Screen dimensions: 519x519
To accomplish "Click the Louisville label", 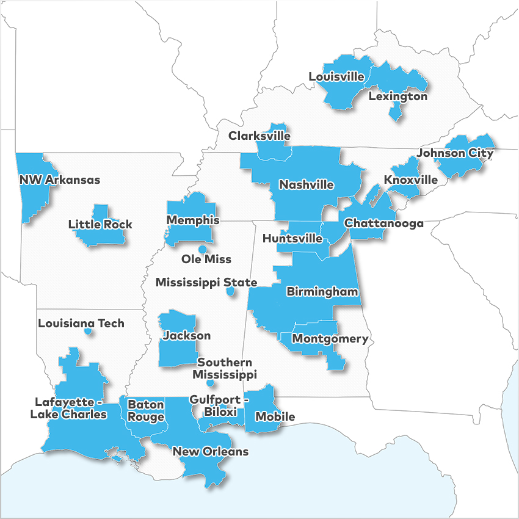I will tap(336, 77).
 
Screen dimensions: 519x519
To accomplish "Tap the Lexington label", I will tap(398, 96).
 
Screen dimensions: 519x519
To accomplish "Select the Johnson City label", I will tap(454, 153).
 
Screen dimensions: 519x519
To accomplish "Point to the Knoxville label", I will tap(410, 180).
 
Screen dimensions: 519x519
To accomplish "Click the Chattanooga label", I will tap(384, 223).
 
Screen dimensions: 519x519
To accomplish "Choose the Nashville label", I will tap(307, 184).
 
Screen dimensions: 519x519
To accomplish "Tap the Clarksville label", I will tap(259, 136).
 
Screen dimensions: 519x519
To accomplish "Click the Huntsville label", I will tap(292, 239).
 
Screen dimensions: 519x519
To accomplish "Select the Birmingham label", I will tap(322, 292).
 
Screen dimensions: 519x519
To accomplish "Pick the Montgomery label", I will tap(330, 339).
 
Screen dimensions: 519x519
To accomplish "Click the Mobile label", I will tap(275, 417).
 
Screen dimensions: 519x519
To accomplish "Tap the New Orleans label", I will tap(211, 452).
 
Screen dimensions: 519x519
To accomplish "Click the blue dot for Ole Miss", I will tap(202, 249).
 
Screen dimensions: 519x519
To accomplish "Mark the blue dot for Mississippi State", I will tap(230, 292).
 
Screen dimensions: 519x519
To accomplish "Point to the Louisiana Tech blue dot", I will tap(88, 332).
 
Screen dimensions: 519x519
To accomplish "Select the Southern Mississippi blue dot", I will tap(210, 383).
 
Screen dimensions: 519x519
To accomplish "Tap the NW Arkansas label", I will tap(59, 180).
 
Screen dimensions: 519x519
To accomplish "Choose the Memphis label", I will tap(192, 220).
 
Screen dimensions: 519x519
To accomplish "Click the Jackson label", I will tap(187, 336).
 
